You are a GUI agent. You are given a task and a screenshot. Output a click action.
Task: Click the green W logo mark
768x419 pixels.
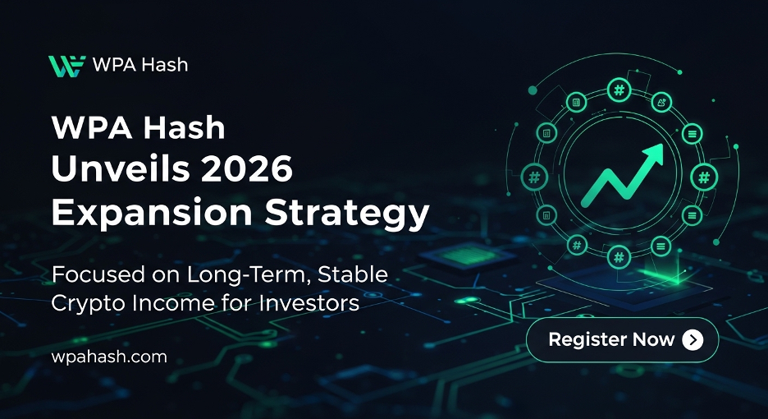(x=66, y=66)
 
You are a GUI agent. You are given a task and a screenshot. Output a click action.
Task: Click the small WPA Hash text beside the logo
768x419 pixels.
(x=140, y=65)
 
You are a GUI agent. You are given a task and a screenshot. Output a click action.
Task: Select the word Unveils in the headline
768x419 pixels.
(x=121, y=168)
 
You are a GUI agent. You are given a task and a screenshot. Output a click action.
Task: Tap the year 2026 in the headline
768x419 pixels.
(x=247, y=168)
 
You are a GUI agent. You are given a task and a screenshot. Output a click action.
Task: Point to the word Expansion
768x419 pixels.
(x=152, y=213)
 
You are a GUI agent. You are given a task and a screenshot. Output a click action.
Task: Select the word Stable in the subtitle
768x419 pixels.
(x=353, y=274)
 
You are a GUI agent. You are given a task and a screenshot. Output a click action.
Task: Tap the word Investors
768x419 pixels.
(x=309, y=302)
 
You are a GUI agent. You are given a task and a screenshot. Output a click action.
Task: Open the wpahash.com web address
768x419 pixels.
(x=109, y=357)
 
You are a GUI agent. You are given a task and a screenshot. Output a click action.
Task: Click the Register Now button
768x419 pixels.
(x=623, y=339)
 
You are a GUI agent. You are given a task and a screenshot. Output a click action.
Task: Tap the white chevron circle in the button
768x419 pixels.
(x=693, y=339)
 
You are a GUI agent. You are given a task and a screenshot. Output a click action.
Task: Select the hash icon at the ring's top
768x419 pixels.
(x=619, y=90)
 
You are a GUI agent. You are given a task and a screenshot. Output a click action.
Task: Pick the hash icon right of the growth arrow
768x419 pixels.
(x=704, y=177)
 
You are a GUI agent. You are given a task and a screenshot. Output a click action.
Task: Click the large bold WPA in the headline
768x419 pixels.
(x=92, y=127)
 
